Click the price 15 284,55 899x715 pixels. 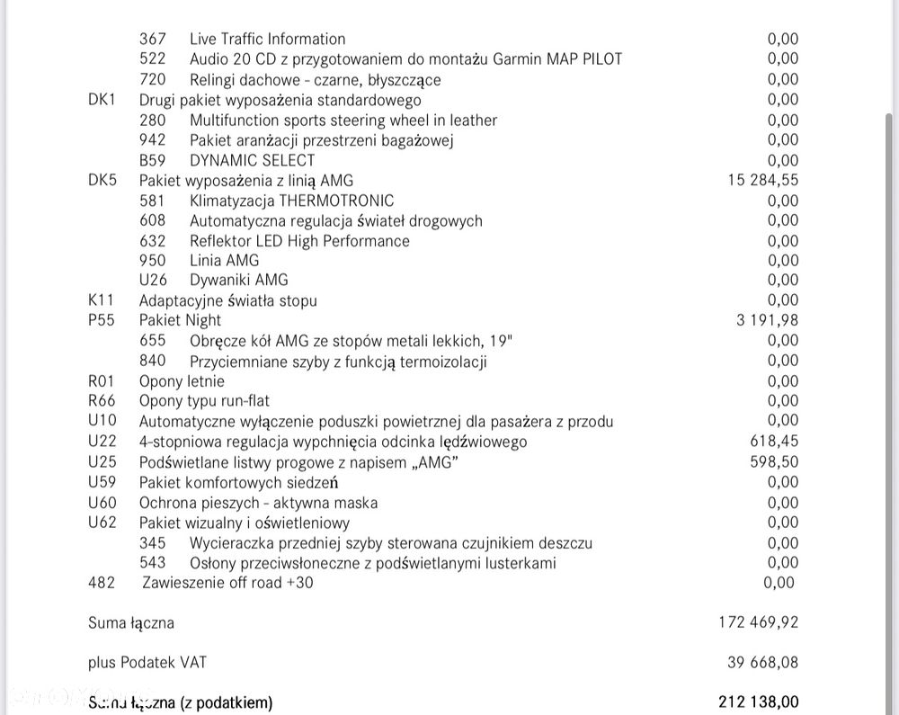point(762,180)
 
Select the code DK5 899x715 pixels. point(102,180)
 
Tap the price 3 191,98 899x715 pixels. point(767,320)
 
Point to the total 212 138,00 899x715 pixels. point(759,702)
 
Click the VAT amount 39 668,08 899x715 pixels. point(762,663)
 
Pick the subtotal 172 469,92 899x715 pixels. point(759,622)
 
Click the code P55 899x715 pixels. point(102,320)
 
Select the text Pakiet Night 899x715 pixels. point(180,320)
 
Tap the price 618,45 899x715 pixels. point(774,442)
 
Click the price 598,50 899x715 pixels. point(774,461)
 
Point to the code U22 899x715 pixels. point(102,442)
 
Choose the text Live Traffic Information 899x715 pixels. point(267,39)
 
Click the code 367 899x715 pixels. point(153,39)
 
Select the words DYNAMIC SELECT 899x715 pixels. point(252,160)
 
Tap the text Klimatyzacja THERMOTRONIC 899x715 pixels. point(291,201)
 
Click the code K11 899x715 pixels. point(102,300)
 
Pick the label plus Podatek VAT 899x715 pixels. point(147,663)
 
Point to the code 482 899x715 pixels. point(102,583)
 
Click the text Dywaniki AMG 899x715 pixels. point(238,280)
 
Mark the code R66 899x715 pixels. point(102,401)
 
